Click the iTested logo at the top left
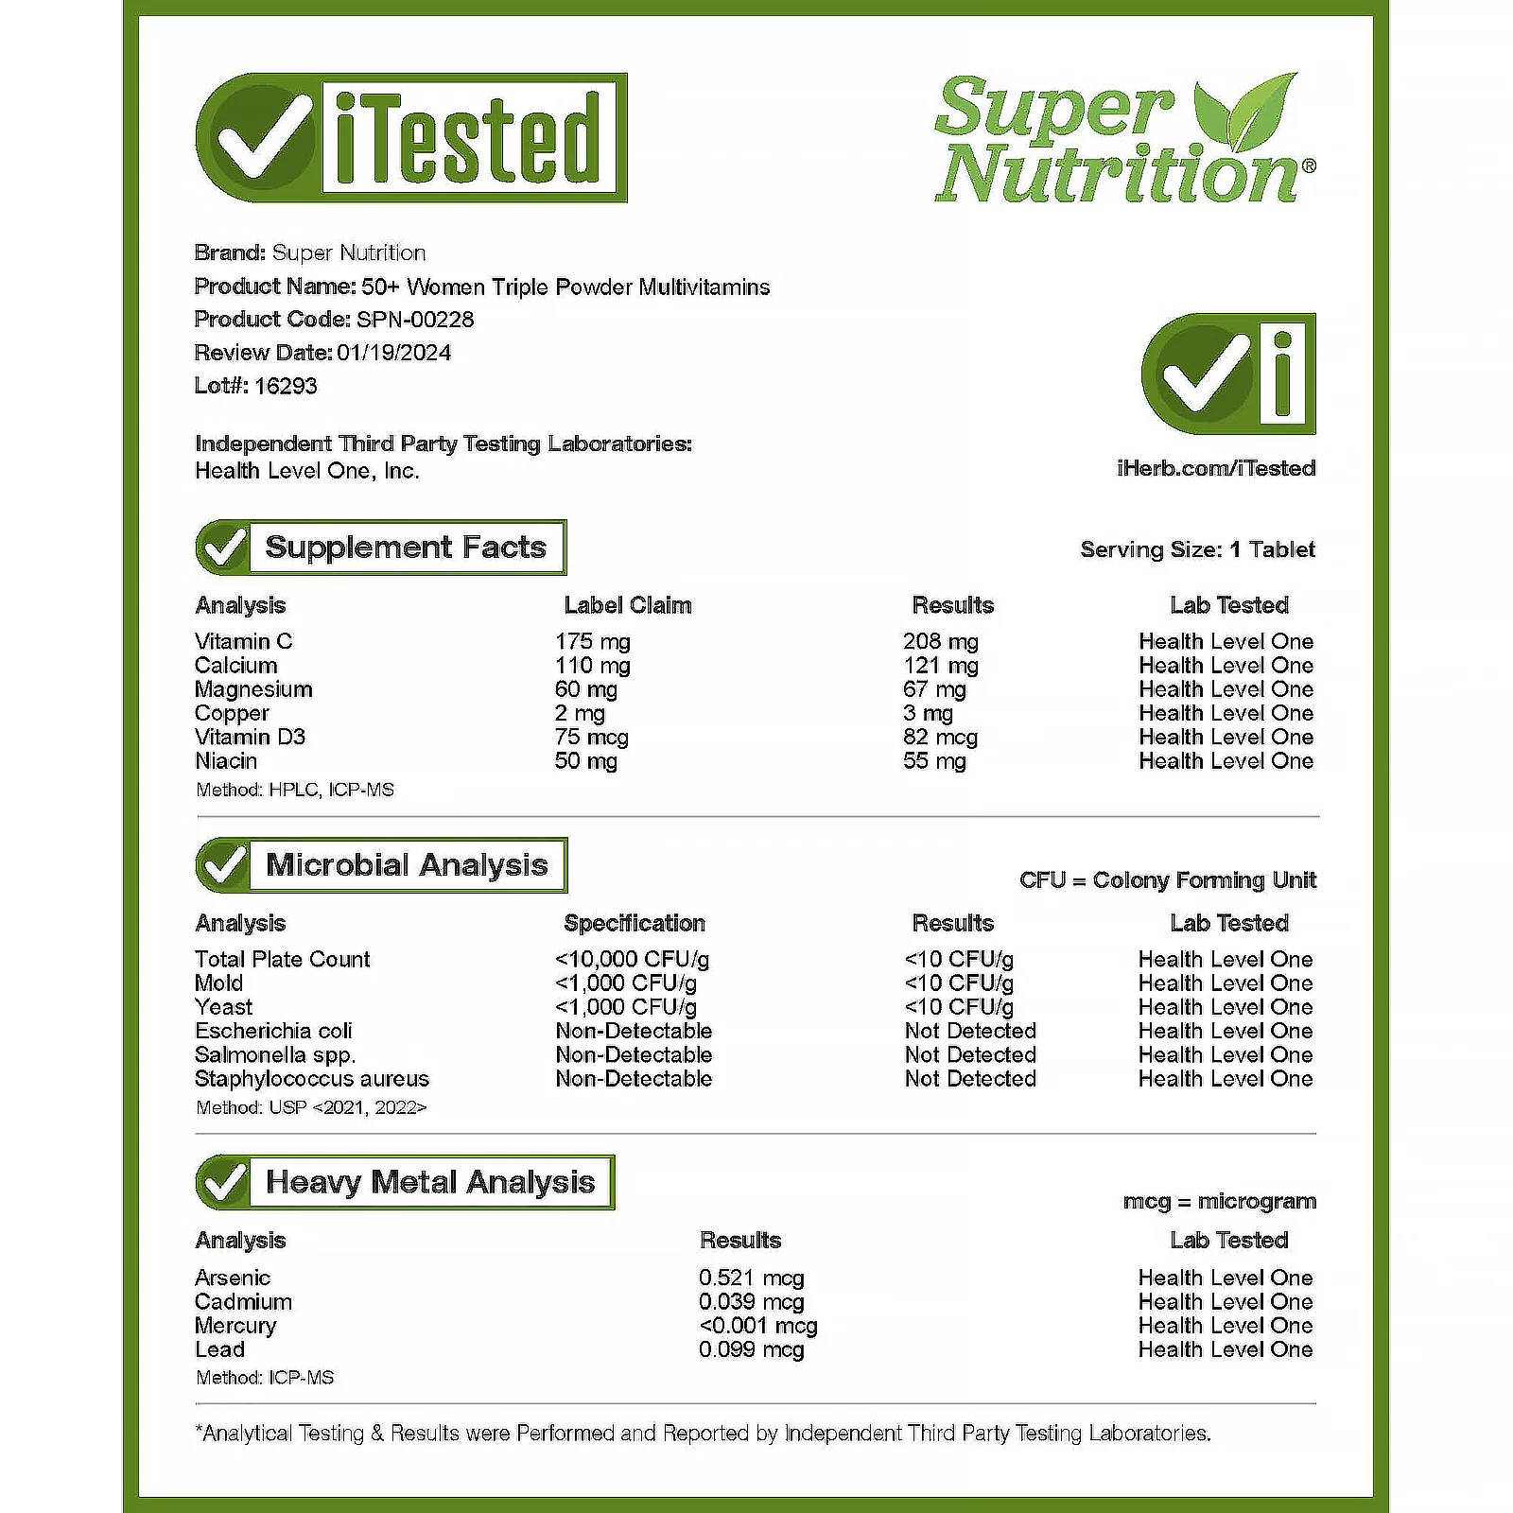coord(411,138)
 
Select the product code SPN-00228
coord(414,320)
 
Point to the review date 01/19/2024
coord(393,353)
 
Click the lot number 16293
coord(286,386)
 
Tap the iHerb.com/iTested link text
coord(1215,468)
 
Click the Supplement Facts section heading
coord(405,548)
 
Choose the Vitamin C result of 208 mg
coord(940,641)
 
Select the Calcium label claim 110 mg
coord(592,666)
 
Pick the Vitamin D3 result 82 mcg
coord(940,738)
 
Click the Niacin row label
coord(226,761)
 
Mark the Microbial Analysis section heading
coord(406,865)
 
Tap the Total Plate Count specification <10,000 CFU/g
coord(632,960)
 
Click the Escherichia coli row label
coord(273,1031)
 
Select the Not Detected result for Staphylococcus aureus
coord(969,1079)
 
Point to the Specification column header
coord(634,923)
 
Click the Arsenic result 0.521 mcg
coord(751,1278)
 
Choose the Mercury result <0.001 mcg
coord(757,1326)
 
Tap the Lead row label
coord(219,1349)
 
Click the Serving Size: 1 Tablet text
coord(1197,549)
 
